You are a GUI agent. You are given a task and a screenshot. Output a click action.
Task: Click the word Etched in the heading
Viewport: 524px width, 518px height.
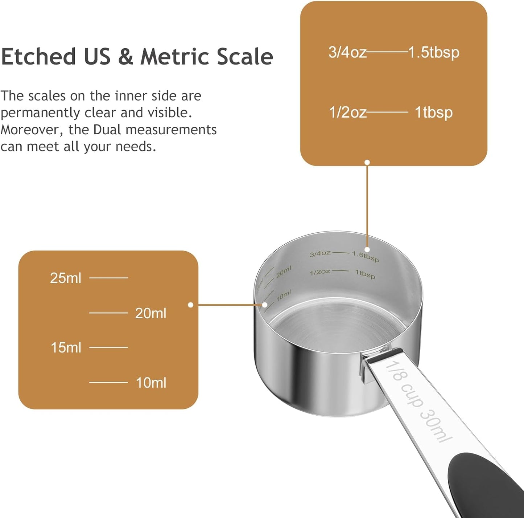[38, 57]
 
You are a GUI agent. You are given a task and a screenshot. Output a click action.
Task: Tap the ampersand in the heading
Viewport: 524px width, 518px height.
[125, 57]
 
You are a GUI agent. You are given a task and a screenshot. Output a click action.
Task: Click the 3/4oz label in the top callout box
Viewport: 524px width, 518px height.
[347, 52]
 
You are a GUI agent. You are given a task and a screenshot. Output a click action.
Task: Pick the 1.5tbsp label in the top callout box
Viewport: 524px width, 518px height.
[434, 53]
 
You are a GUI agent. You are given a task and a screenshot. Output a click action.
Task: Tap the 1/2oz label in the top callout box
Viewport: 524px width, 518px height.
[347, 113]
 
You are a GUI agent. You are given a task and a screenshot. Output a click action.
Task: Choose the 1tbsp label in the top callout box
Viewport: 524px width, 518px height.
[434, 113]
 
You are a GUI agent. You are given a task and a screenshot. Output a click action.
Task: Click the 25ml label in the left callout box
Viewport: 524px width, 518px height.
[66, 278]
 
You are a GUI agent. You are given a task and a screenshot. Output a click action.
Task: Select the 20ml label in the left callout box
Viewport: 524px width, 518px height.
[150, 313]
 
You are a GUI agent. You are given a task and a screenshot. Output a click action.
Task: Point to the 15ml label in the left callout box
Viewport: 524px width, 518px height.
[66, 348]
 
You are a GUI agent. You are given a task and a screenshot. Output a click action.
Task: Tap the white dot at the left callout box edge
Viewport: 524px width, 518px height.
[191, 305]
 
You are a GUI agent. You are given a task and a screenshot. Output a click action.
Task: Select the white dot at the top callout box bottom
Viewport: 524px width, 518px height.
[367, 162]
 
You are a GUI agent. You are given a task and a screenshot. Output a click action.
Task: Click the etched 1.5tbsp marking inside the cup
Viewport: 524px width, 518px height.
[366, 256]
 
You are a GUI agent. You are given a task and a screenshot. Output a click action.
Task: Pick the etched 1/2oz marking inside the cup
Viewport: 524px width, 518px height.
[320, 272]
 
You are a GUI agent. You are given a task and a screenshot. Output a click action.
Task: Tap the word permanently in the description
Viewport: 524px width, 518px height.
[40, 113]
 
